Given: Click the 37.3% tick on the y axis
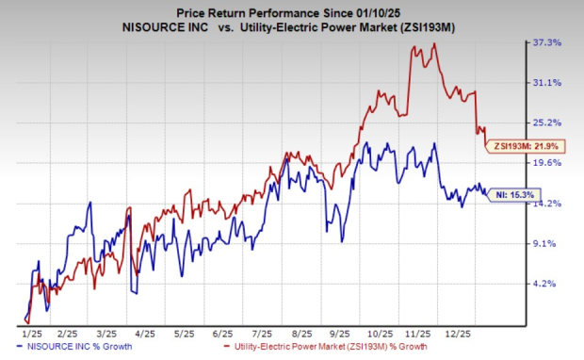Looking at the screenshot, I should pos(547,42).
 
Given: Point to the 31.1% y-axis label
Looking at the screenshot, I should pos(547,83).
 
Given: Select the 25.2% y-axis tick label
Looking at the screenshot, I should pos(547,123).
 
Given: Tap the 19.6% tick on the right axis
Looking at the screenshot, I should pos(547,163).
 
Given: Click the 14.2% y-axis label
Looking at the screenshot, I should pos(547,204).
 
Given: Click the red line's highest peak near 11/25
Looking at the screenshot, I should pos(433,43).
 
